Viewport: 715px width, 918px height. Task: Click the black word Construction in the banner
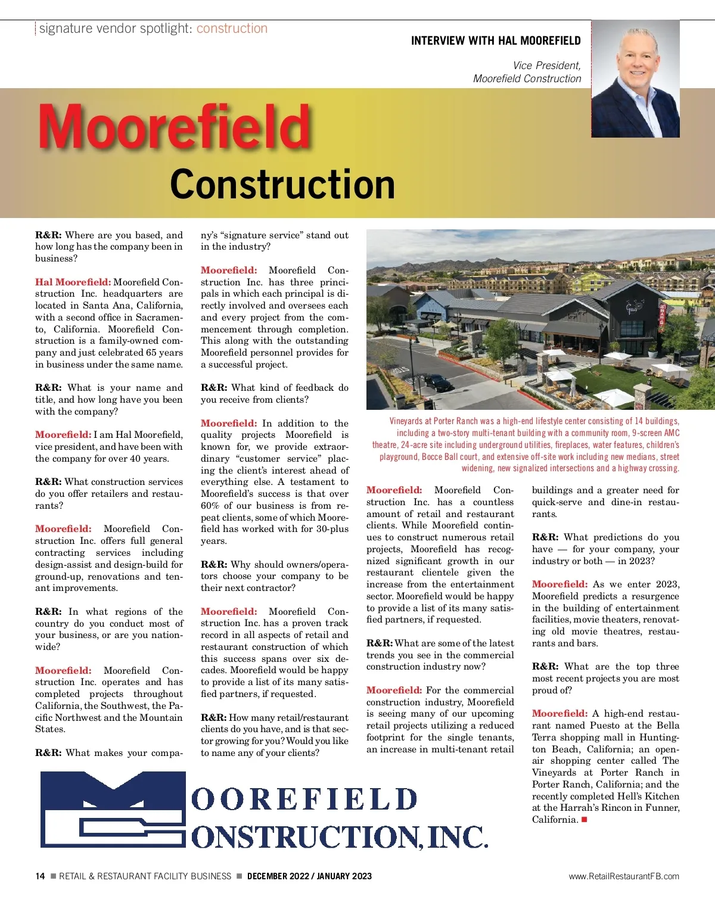282,184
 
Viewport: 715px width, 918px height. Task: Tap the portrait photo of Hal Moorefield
635,79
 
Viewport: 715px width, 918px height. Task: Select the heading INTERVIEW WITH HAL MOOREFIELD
496,41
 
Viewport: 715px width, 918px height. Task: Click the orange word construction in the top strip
232,28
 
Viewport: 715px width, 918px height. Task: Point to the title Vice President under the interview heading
546,66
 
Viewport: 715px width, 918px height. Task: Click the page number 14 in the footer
40,876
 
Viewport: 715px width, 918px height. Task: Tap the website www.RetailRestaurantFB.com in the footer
624,876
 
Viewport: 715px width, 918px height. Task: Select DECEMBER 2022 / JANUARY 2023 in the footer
309,876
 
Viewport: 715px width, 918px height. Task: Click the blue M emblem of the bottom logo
113,809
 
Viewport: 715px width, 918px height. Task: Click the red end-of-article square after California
585,820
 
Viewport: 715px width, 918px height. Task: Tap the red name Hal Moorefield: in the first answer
73,282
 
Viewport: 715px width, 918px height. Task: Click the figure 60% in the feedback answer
210,506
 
